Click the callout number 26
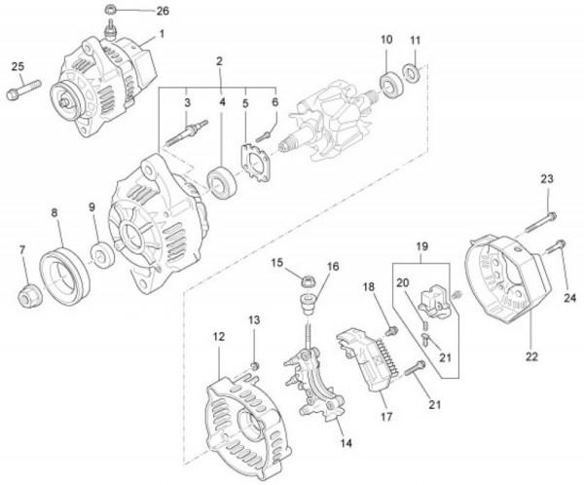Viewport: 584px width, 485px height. click(x=161, y=12)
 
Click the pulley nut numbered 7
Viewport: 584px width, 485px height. click(x=29, y=292)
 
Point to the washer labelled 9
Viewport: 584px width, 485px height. click(x=99, y=257)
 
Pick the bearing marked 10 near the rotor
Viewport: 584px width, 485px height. click(x=394, y=85)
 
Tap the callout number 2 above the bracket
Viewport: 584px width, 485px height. click(x=220, y=60)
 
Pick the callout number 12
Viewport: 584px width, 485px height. click(x=219, y=336)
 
